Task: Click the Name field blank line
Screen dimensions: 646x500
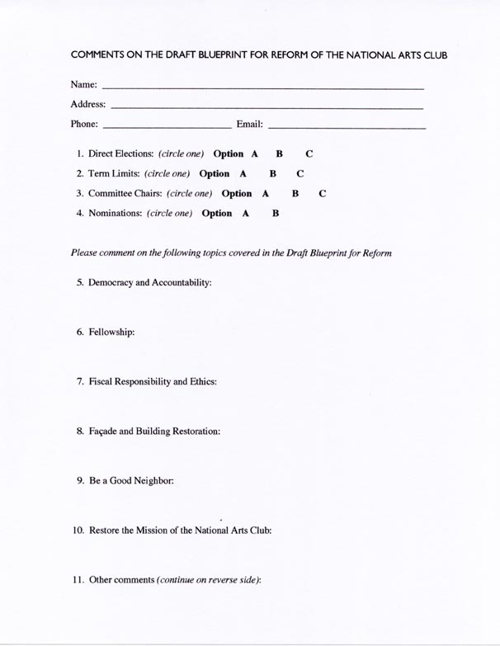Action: tap(262, 87)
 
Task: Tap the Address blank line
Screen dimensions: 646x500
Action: tap(266, 107)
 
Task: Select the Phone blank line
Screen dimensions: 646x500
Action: tap(167, 128)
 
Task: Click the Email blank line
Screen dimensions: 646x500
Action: tap(347, 128)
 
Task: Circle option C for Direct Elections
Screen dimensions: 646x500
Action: tap(309, 154)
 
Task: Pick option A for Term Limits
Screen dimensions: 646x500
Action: tap(243, 174)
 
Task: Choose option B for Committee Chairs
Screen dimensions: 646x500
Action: tap(295, 194)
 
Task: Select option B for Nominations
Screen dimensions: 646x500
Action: tap(276, 214)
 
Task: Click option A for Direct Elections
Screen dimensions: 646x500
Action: tap(255, 154)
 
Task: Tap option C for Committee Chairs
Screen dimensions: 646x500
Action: tap(323, 194)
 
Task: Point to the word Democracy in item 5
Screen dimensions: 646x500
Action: tap(111, 283)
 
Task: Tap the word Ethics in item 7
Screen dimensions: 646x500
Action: tap(202, 382)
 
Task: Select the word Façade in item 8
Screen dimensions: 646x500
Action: tap(103, 431)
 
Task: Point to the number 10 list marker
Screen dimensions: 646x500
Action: tap(78, 530)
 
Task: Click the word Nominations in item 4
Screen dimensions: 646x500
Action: tap(116, 214)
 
